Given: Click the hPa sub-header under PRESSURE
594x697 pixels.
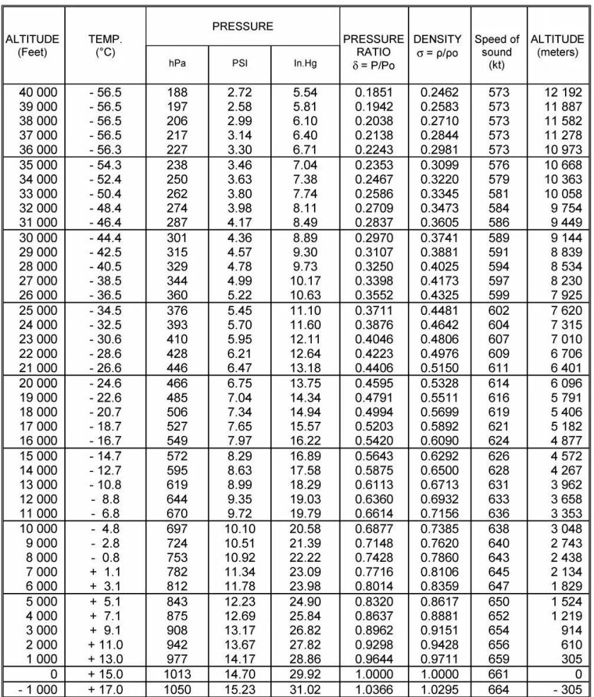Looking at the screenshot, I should coord(177,64).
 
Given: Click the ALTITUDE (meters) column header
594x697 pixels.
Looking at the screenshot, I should coord(558,46).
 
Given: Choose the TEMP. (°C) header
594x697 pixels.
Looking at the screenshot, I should coord(105,46).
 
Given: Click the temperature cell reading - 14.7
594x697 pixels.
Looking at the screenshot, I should coord(105,455).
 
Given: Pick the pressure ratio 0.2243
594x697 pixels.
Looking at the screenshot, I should coord(373,149).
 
